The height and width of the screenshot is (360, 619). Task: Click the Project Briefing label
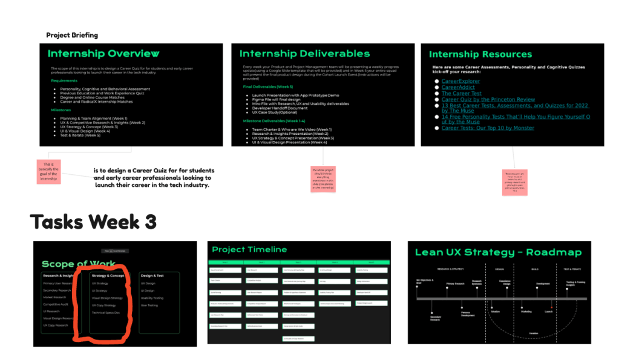tap(72, 35)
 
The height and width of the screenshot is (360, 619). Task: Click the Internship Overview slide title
tap(103, 54)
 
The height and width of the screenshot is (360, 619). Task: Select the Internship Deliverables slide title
tap(304, 54)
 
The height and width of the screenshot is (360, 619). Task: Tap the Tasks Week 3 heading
tap(93, 222)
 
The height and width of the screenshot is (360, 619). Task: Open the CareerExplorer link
tap(460, 81)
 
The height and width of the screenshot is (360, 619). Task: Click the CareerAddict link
tap(457, 87)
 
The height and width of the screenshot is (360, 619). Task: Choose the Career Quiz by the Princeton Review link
tap(488, 99)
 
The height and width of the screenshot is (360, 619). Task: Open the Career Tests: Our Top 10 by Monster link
tap(488, 128)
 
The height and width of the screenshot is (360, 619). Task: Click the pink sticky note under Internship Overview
tap(48, 171)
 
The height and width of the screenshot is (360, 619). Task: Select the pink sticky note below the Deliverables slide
tap(323, 179)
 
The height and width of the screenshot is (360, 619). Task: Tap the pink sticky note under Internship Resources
tap(514, 182)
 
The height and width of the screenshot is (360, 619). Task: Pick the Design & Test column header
tap(152, 275)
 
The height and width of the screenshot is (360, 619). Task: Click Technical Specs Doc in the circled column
tap(105, 312)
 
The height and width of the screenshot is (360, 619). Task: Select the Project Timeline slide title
tap(249, 249)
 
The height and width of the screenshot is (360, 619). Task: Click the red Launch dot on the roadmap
tap(551, 307)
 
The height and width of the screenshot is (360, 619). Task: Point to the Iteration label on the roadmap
tap(533, 333)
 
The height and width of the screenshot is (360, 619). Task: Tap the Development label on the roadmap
tap(543, 283)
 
